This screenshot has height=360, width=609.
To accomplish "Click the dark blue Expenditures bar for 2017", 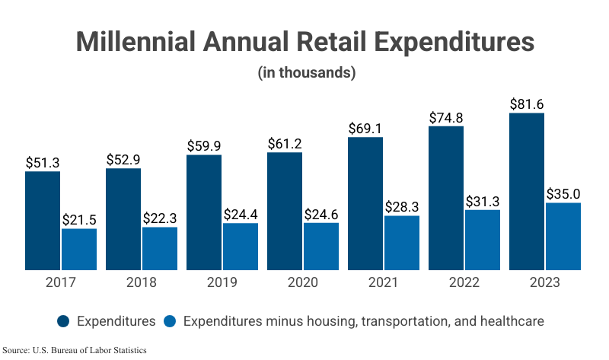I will tap(43, 221).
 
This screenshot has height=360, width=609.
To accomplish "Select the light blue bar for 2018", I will tap(160, 248).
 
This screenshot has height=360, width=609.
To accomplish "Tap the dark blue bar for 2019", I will tap(204, 212).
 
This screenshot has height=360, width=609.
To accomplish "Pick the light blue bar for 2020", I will tap(321, 246).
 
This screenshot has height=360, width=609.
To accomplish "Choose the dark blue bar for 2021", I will tap(365, 203).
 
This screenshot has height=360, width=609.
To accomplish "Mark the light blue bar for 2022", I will tap(483, 240).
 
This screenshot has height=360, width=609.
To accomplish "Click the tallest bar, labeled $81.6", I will tap(527, 191).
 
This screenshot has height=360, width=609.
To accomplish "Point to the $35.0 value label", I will tap(563, 193).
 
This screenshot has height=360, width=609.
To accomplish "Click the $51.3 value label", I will tap(43, 162).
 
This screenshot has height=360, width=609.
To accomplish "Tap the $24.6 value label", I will tap(321, 213).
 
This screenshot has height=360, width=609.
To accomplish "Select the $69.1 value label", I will tap(365, 128).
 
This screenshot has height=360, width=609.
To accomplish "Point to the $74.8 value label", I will tap(446, 116).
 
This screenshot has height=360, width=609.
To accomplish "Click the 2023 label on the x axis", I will tap(545, 282).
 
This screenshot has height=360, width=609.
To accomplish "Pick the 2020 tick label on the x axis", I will tap(303, 282).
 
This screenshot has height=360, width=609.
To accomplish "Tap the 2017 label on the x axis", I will tap(61, 282).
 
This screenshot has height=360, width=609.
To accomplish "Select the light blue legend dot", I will tap(171, 321).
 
